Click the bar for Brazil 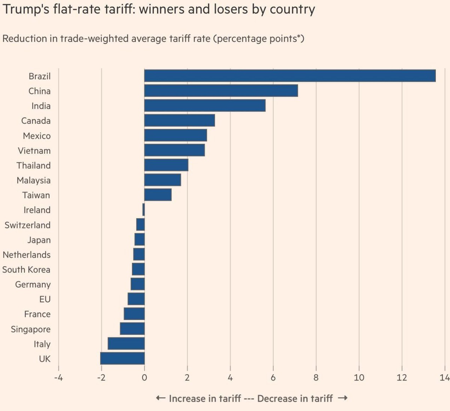click(x=290, y=76)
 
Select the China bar click(x=221, y=91)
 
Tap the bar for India click(x=205, y=106)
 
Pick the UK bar click(x=122, y=358)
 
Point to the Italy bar click(x=126, y=343)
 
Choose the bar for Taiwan click(x=158, y=195)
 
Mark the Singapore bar click(x=132, y=329)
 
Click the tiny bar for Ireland click(x=144, y=210)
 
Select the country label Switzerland click(x=27, y=225)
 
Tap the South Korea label click(x=26, y=270)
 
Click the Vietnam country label click(x=34, y=151)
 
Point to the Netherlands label click(x=27, y=255)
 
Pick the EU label click(x=45, y=299)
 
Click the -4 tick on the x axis click(x=58, y=378)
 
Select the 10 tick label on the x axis click(x=359, y=378)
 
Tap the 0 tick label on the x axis click(x=144, y=378)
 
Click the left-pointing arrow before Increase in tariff click(x=160, y=398)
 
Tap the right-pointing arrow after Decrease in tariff click(x=342, y=398)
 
